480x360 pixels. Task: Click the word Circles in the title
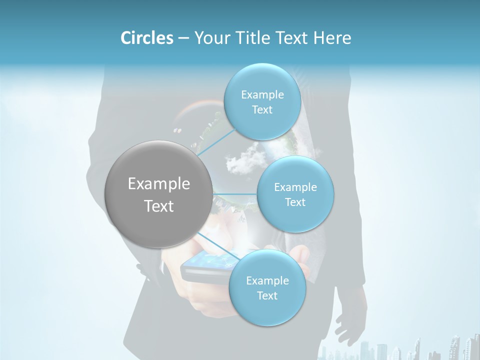click(146, 38)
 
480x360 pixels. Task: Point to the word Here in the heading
click(333, 38)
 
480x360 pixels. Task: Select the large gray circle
click(159, 194)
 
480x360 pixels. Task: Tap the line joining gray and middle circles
click(235, 193)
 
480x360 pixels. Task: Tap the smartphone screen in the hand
click(210, 262)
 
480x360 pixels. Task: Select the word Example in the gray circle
click(159, 184)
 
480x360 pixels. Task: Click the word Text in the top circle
click(262, 110)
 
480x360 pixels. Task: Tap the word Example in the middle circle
click(295, 187)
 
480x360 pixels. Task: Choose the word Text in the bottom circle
click(267, 296)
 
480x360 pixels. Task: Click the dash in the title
click(183, 38)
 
